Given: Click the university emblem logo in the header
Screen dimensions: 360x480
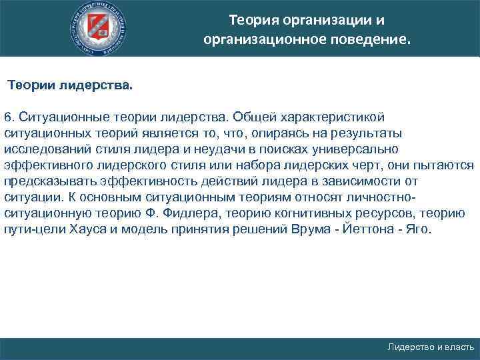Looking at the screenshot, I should point(99,29).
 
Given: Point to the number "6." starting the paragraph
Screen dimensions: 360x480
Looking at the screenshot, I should point(10,117).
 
